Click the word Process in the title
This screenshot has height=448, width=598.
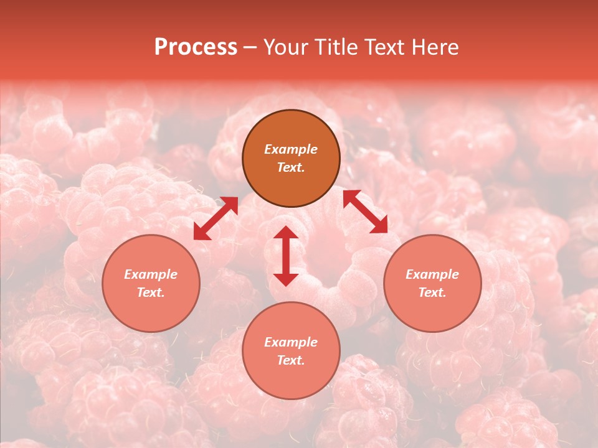196,47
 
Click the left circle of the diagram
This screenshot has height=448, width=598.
151,283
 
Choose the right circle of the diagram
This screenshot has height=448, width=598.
432,283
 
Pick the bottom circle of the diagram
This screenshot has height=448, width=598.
291,350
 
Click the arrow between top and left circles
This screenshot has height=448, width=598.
216,218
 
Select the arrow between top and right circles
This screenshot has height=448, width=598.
366,212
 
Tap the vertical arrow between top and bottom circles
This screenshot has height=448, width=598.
286,256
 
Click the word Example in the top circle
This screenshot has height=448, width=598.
291,149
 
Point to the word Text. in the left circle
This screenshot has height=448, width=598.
151,292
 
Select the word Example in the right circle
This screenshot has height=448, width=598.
432,274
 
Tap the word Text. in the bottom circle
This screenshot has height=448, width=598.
291,360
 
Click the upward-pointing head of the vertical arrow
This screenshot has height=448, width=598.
286,233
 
